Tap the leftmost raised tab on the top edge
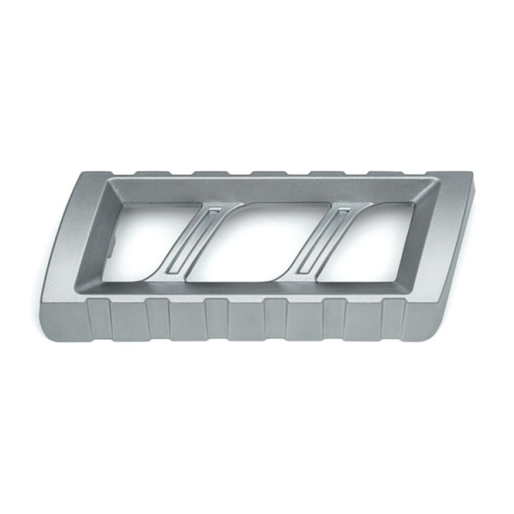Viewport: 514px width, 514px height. pos(148,173)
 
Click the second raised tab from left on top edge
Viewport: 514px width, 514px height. pos(208,174)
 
